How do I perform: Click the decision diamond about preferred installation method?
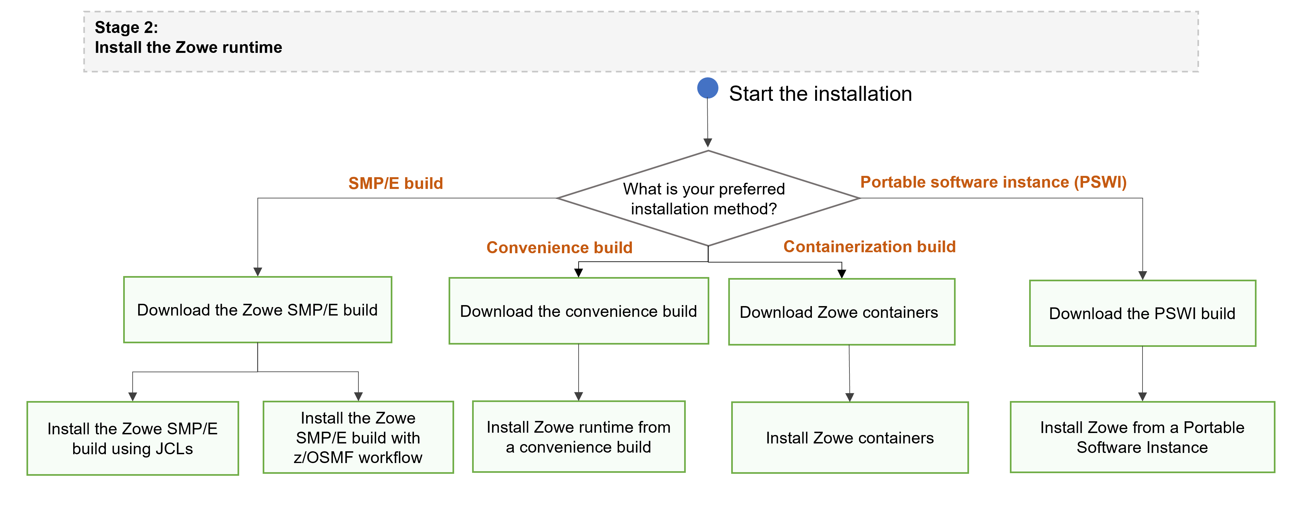708,199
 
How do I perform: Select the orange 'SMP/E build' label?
395,183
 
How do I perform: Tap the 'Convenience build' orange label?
559,248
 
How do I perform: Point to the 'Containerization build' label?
869,247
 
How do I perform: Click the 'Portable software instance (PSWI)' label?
993,182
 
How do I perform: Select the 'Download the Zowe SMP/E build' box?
257,310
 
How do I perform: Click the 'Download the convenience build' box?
578,311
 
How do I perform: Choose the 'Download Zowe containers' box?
841,312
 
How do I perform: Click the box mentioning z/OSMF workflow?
358,438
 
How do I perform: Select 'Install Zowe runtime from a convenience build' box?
578,437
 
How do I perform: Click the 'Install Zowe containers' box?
849,438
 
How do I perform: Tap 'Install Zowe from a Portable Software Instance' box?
1142,438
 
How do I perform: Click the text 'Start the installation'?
820,94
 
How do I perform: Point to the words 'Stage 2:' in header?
126,27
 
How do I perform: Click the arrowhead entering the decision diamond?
708,143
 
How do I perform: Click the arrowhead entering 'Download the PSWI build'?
1142,276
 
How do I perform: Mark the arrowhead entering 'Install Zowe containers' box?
849,397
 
